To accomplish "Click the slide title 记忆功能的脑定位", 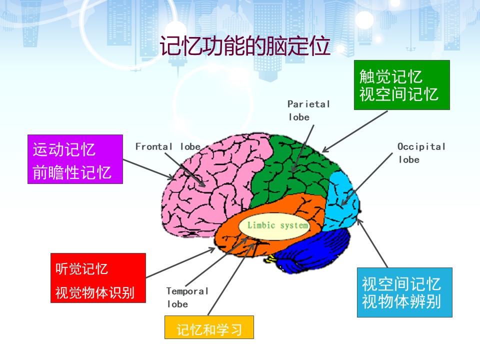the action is click(x=245, y=46).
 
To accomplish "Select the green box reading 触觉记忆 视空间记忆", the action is click(x=401, y=85).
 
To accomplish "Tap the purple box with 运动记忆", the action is click(x=75, y=159).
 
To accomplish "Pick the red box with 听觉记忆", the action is click(x=98, y=278).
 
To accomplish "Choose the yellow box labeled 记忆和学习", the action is click(x=209, y=327).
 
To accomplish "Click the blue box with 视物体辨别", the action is click(x=404, y=292).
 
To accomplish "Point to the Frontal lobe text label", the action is click(x=168, y=146).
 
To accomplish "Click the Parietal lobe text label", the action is click(x=308, y=110).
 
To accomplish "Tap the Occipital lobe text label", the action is click(x=421, y=153).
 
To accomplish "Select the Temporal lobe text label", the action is click(x=187, y=297).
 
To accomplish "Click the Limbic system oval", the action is click(x=274, y=226).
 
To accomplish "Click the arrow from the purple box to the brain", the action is click(x=148, y=169).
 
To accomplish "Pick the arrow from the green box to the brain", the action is click(x=355, y=131).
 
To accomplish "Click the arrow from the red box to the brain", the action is click(x=180, y=263).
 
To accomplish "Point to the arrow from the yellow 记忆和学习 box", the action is click(x=231, y=278).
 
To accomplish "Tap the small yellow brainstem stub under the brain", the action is click(x=269, y=259).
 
